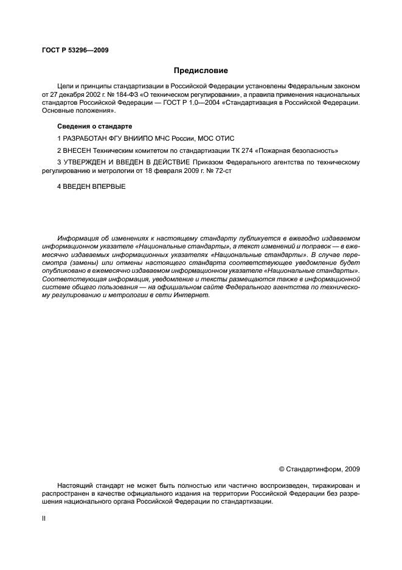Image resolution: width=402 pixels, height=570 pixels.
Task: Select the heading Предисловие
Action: pyautogui.click(x=200, y=71)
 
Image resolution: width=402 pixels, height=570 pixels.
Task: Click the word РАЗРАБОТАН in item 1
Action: pyautogui.click(x=86, y=138)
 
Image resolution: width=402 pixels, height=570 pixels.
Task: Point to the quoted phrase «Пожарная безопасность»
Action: pyautogui.click(x=297, y=150)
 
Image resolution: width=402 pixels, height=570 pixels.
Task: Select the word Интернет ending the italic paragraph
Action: pyautogui.click(x=193, y=295)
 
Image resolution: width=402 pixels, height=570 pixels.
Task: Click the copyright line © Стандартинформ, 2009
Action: pyautogui.click(x=319, y=469)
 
